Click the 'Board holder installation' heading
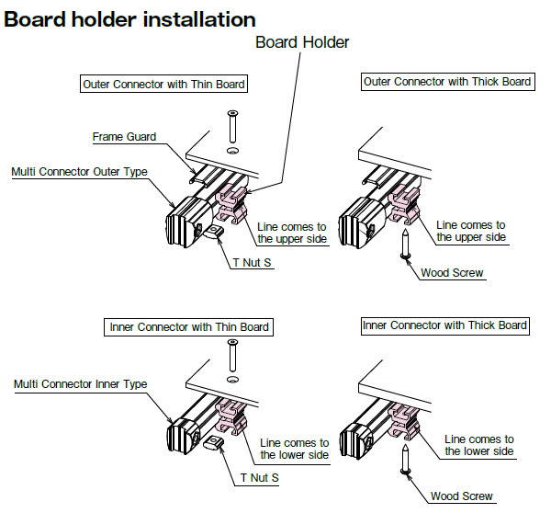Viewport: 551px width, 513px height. tap(129, 18)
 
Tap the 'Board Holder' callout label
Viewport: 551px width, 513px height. tap(302, 42)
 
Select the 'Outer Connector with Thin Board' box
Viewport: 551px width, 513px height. tap(164, 85)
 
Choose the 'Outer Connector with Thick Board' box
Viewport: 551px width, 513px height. tap(447, 82)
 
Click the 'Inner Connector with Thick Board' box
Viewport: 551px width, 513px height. tap(445, 325)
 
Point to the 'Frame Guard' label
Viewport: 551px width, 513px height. tap(124, 137)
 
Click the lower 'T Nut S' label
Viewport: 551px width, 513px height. tap(260, 478)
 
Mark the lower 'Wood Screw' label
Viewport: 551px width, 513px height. tap(462, 496)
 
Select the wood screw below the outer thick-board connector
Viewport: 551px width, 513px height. tap(404, 245)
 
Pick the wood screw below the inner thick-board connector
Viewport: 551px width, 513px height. tap(404, 458)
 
